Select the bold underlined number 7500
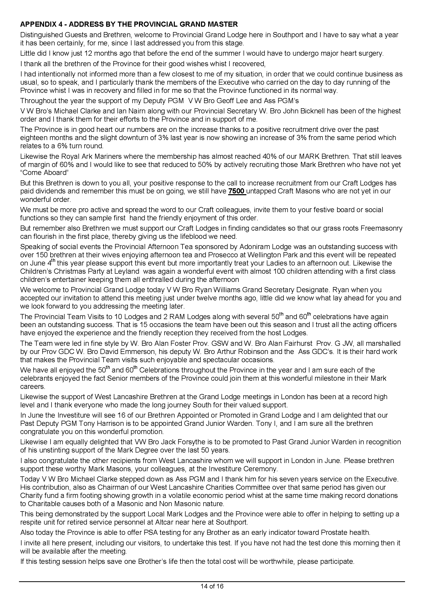click(237, 191)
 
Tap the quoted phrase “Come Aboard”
click(43, 173)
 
